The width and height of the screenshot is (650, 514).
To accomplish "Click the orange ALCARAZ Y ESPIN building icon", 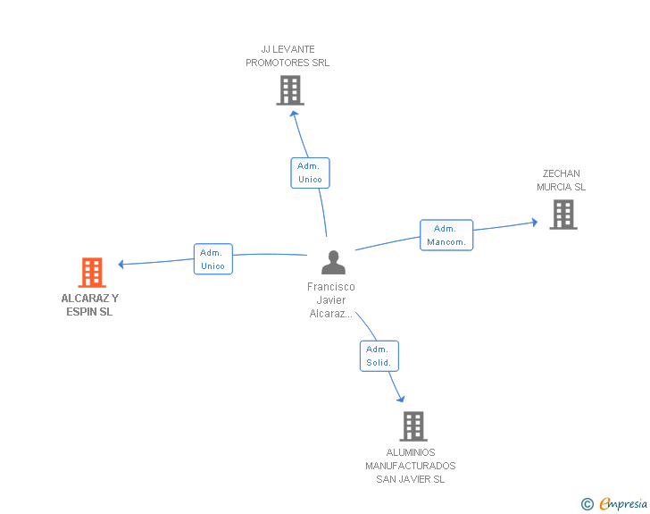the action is tap(92, 273).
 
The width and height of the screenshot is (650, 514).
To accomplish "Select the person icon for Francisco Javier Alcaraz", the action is tap(333, 263).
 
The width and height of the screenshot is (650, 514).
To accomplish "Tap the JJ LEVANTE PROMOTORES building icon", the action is tap(290, 90).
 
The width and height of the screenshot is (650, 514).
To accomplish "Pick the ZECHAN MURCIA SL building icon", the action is tap(563, 215).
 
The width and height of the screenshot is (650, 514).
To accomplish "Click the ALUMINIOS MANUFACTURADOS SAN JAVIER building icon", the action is tap(413, 426).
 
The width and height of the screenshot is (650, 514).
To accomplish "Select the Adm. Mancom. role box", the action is tap(446, 235).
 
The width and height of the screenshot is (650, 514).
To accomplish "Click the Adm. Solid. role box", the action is tap(379, 356).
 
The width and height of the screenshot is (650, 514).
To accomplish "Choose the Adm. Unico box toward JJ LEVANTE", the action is tap(310, 173).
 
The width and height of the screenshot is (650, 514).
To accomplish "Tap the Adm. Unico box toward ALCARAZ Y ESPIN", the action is tap(213, 259).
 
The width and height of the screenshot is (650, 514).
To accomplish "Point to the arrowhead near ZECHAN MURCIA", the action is tap(535, 223).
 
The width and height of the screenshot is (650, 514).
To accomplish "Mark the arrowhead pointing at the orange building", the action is tap(121, 264).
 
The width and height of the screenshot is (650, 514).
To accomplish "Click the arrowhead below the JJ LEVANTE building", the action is tap(294, 114).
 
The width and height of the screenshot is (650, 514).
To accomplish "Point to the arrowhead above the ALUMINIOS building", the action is tap(401, 399).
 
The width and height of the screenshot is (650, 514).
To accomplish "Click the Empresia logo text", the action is tap(623, 503).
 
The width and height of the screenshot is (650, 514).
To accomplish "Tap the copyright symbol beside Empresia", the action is tap(587, 504).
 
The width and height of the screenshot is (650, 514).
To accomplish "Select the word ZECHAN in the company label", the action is tap(562, 173).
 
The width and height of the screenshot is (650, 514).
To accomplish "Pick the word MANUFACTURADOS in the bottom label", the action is tap(411, 466).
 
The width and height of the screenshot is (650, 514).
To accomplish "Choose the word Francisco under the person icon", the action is tap(330, 287).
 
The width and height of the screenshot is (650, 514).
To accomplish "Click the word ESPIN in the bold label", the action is tap(81, 312).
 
